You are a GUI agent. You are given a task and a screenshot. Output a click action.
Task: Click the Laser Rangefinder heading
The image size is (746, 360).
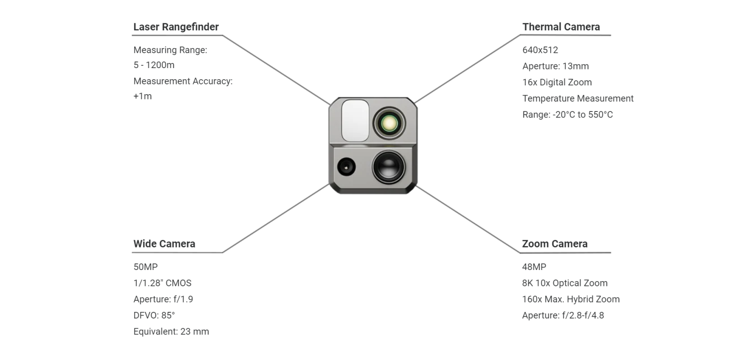click(x=176, y=27)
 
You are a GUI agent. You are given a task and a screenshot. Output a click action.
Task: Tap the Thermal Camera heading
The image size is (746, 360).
click(x=561, y=27)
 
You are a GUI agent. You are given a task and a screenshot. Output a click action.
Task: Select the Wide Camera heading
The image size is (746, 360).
click(x=164, y=244)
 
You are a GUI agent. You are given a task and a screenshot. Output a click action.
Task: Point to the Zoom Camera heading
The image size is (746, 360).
click(x=554, y=244)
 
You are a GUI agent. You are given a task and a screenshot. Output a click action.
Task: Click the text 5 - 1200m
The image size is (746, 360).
click(x=154, y=65)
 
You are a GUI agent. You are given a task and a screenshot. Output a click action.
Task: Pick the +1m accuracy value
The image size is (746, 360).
click(x=143, y=96)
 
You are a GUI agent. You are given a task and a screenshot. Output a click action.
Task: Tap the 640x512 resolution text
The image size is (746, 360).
click(x=540, y=50)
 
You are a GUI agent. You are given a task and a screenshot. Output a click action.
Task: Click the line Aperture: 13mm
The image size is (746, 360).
click(x=555, y=66)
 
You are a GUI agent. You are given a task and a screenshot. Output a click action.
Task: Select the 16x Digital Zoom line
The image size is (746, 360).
click(x=557, y=83)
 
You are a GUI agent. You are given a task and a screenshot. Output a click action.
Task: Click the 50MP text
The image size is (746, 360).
click(x=145, y=267)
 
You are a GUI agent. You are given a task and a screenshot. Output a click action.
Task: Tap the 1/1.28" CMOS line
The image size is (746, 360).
click(x=162, y=283)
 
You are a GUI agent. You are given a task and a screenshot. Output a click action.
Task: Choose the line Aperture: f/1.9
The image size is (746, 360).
click(x=163, y=299)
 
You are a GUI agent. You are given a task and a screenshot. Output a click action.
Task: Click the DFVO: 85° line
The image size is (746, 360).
click(x=154, y=316)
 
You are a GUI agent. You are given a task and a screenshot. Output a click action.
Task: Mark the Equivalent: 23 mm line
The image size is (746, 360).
click(x=171, y=332)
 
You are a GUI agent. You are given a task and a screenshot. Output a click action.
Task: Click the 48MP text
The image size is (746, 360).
click(x=534, y=267)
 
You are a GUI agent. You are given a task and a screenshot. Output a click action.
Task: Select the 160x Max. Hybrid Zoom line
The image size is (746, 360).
click(x=571, y=299)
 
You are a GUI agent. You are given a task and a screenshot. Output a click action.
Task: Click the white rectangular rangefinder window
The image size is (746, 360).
click(x=355, y=120)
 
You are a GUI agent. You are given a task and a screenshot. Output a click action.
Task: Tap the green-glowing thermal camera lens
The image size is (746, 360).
click(x=389, y=124)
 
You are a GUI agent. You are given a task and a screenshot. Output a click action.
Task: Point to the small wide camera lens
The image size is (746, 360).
click(x=346, y=166)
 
